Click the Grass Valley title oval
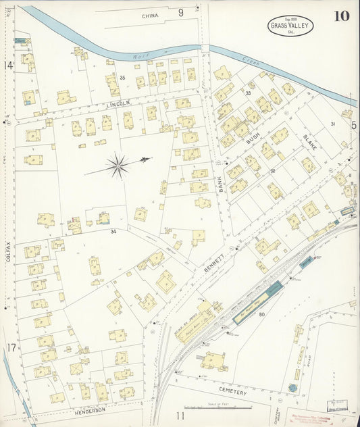pos(290,26)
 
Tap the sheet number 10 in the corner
pos(341,16)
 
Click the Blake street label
pos(310,140)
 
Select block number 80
pos(261,314)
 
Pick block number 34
pos(114,232)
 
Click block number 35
pos(122,78)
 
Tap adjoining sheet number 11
pos(180,416)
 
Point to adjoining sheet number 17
pos(11,347)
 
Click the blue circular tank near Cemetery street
pos(292,388)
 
